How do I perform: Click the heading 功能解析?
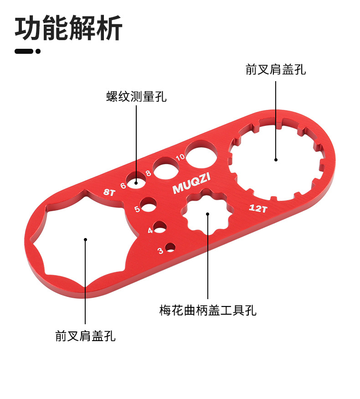point(68,28)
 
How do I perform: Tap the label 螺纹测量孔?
point(137,97)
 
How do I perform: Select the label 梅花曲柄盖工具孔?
point(208,311)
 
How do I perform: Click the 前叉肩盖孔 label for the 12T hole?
point(276,69)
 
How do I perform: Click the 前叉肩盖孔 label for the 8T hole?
point(85,337)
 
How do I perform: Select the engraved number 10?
point(180,157)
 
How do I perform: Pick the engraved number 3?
point(160,250)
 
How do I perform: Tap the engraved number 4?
point(150,231)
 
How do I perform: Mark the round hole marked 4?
point(160,227)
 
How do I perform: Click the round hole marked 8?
point(166,167)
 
